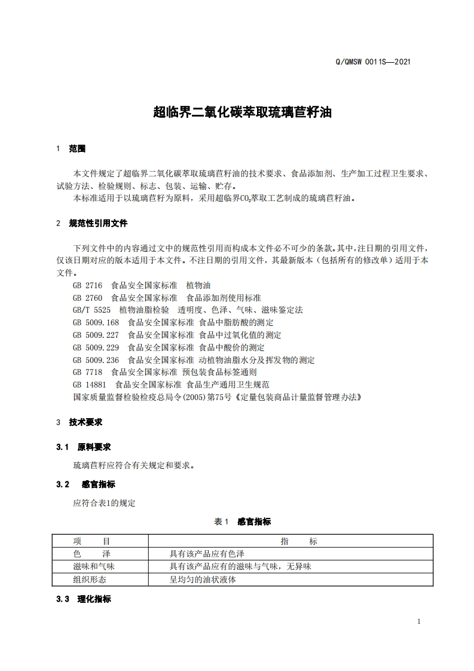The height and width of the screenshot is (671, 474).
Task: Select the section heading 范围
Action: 77,148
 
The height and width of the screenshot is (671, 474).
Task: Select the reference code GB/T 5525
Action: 91,310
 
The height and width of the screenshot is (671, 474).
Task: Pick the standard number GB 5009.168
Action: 96,323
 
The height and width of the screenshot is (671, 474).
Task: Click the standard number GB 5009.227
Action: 96,335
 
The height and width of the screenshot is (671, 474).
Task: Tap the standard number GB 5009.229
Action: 96,347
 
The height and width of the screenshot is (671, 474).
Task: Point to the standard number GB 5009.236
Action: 96,360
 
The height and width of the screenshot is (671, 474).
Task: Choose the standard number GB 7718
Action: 87,372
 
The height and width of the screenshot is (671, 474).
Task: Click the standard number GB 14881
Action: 90,385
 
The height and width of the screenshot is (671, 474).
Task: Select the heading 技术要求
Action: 85,422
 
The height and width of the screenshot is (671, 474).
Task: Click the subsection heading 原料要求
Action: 94,447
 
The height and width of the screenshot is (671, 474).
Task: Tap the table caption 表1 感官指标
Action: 242,521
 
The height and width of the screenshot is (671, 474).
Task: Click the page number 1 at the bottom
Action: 418,621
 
